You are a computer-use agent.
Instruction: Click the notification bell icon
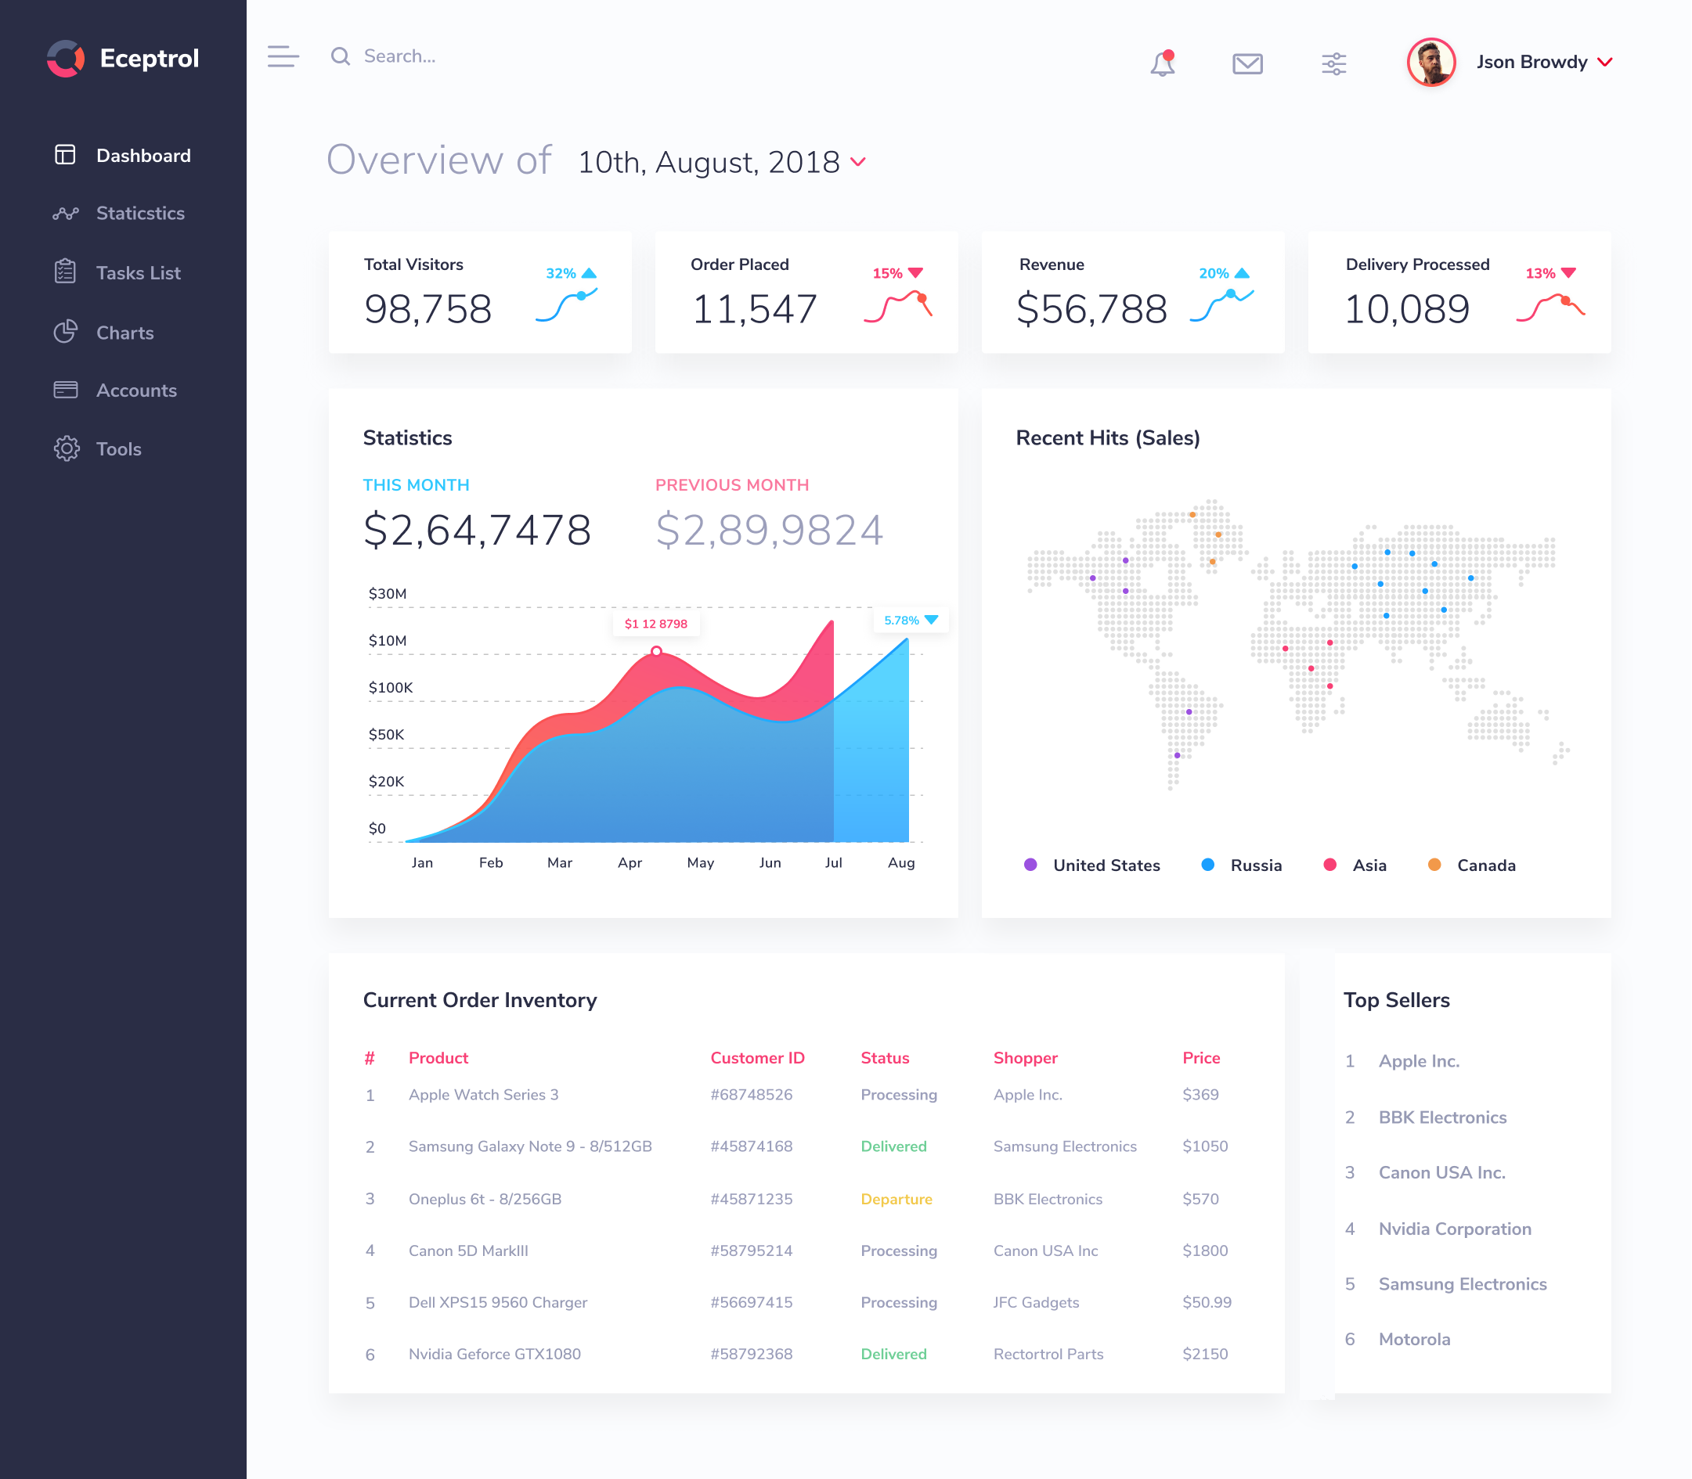pos(1162,63)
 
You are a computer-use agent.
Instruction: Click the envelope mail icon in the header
pos(1247,63)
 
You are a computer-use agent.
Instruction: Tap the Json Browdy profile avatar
pos(1430,62)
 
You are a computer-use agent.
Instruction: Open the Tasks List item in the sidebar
pos(138,273)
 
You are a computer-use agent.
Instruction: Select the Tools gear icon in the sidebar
pos(66,449)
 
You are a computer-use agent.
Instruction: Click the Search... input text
pos(399,56)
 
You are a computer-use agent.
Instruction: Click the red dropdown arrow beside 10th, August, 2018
pos(858,162)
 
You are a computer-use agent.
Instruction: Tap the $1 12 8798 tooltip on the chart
pos(655,624)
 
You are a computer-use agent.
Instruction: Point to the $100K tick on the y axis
pos(391,688)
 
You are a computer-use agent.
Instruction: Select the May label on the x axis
pos(700,862)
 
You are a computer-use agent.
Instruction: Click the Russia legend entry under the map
pos(1255,865)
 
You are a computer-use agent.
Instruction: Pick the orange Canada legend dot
pos(1434,864)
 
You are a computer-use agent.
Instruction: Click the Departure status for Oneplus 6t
pos(896,1199)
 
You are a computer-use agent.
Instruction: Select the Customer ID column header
pos(757,1058)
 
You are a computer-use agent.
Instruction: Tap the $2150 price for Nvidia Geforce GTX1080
pos(1205,1354)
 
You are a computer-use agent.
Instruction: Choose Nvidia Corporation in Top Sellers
pos(1454,1229)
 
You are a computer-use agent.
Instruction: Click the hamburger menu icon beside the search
pos(283,56)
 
